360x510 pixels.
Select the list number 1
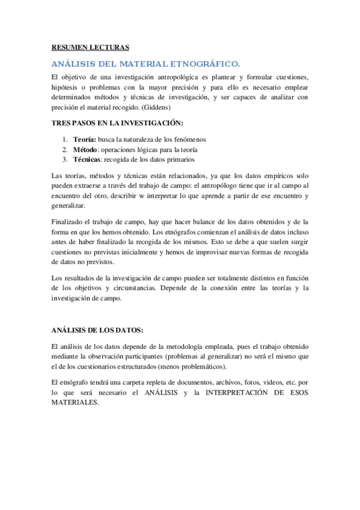pyautogui.click(x=65, y=139)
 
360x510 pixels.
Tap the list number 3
pyautogui.click(x=65, y=159)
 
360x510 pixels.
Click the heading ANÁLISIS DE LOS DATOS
pyautogui.click(x=97, y=330)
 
